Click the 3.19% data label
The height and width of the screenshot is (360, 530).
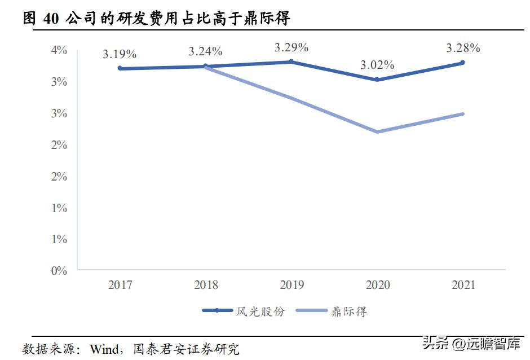(x=120, y=55)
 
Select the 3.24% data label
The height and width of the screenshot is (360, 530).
(x=205, y=51)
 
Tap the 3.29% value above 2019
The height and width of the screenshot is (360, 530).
(x=291, y=47)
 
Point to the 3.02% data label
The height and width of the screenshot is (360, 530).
(x=377, y=65)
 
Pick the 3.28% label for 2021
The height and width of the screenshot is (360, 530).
(x=463, y=48)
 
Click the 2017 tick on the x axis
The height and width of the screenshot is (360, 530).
(x=120, y=286)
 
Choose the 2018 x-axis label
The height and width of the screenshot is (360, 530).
(x=205, y=286)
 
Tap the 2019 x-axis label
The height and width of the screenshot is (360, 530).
(x=291, y=286)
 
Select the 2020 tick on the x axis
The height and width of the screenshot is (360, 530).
(x=377, y=286)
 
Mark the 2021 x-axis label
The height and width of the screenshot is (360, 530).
(x=463, y=286)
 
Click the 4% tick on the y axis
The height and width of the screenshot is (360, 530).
(x=59, y=50)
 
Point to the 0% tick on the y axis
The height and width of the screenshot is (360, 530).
(x=59, y=271)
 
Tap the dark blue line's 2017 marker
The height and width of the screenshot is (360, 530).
(x=120, y=68)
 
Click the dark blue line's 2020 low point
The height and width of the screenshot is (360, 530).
(x=377, y=80)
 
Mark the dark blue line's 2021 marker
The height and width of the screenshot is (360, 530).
(x=463, y=63)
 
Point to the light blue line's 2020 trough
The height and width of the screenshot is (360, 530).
(x=377, y=132)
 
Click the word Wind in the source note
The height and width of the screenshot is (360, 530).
(x=104, y=349)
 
